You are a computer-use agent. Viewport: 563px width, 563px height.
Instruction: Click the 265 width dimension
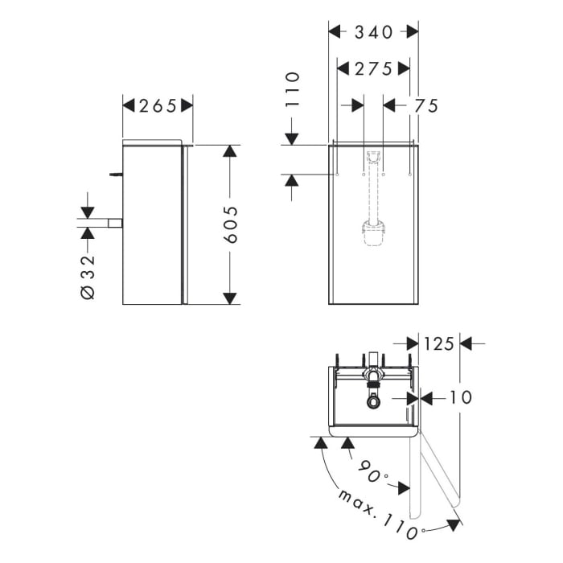158,105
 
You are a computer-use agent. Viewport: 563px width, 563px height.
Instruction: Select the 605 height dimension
230,225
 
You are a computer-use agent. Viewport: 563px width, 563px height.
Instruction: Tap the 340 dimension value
374,32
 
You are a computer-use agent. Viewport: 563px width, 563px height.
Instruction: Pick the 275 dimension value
374,69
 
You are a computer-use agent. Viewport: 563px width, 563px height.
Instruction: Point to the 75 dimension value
426,105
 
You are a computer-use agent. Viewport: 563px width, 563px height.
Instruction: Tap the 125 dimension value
439,343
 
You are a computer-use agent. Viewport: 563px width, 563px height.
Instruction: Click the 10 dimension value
461,397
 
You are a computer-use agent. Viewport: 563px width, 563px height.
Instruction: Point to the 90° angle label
371,474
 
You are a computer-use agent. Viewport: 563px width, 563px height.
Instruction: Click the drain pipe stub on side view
115,223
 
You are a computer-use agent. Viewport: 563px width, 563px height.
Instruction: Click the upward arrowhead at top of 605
230,151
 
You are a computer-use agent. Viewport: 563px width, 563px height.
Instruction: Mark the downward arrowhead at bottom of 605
230,298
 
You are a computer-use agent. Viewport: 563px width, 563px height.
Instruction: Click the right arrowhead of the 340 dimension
413,32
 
